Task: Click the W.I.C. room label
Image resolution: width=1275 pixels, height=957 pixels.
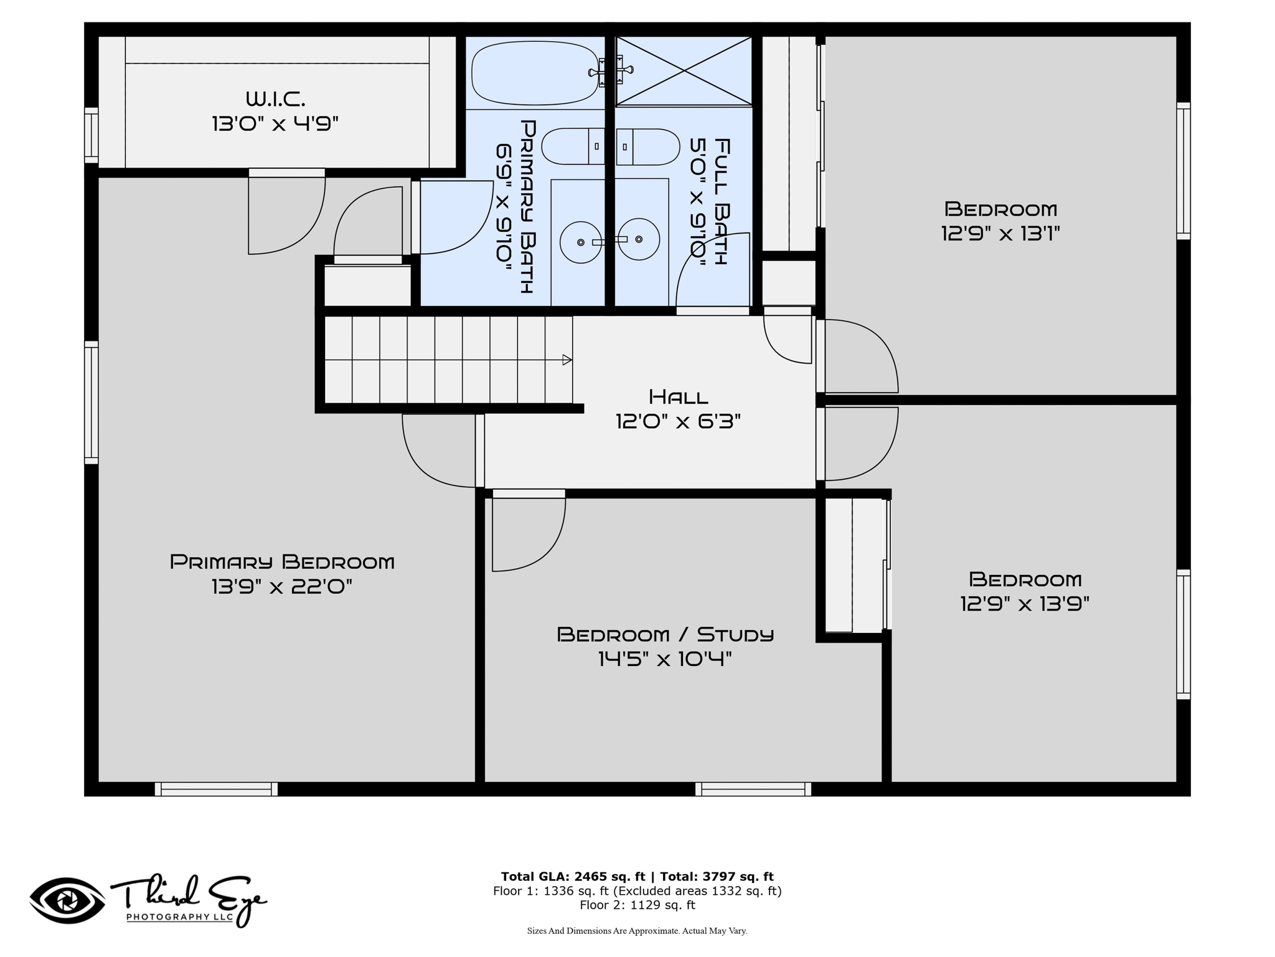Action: [x=275, y=98]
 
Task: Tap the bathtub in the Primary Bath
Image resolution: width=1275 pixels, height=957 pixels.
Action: [x=534, y=73]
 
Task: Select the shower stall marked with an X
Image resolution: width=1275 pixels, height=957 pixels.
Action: [x=684, y=71]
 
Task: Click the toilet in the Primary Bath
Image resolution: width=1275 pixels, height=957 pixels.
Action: [x=573, y=146]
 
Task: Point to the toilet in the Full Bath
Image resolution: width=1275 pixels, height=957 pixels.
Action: [x=647, y=146]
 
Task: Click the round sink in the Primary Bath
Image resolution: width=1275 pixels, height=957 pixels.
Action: [x=580, y=242]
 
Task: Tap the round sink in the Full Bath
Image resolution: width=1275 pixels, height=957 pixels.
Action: [x=639, y=239]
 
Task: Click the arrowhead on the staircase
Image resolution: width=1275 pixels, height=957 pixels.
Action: [x=567, y=359]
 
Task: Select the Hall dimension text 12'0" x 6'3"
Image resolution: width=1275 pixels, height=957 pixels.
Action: [x=678, y=422]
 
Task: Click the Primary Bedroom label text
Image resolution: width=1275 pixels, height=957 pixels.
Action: [x=282, y=562]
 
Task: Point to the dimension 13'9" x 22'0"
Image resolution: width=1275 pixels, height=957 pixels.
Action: [x=282, y=587]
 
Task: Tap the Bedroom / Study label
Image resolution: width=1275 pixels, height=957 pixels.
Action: [x=665, y=634]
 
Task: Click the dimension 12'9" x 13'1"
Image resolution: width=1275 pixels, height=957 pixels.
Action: [x=1000, y=234]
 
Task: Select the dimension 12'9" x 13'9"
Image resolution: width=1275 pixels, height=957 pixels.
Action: [x=1025, y=604]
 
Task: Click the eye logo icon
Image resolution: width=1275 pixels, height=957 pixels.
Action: [x=67, y=901]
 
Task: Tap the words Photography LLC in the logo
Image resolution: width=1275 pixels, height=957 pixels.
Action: [x=180, y=917]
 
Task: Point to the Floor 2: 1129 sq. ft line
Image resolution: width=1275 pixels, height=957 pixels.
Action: [x=637, y=905]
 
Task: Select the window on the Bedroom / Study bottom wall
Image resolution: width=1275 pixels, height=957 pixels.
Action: [x=753, y=789]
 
